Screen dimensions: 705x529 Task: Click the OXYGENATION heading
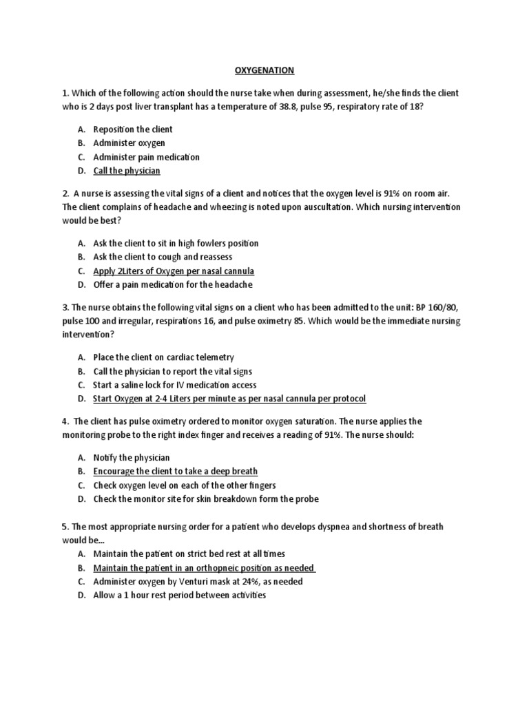(x=265, y=70)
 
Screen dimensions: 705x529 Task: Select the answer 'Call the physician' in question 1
(x=127, y=171)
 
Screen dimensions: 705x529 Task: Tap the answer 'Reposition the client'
(x=133, y=129)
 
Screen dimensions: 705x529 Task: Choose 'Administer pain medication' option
(x=147, y=157)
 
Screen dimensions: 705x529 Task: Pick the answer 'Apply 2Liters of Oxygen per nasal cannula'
(x=174, y=271)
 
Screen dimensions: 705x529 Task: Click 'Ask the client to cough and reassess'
(x=163, y=257)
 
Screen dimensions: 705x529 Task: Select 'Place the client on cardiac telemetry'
(x=164, y=357)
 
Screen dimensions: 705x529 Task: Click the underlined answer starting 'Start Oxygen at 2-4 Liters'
(x=229, y=399)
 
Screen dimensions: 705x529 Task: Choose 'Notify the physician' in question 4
(x=132, y=457)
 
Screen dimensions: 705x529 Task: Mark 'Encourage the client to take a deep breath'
(x=176, y=471)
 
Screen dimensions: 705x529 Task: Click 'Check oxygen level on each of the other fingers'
(x=185, y=485)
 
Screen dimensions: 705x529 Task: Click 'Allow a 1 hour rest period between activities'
(x=179, y=595)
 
